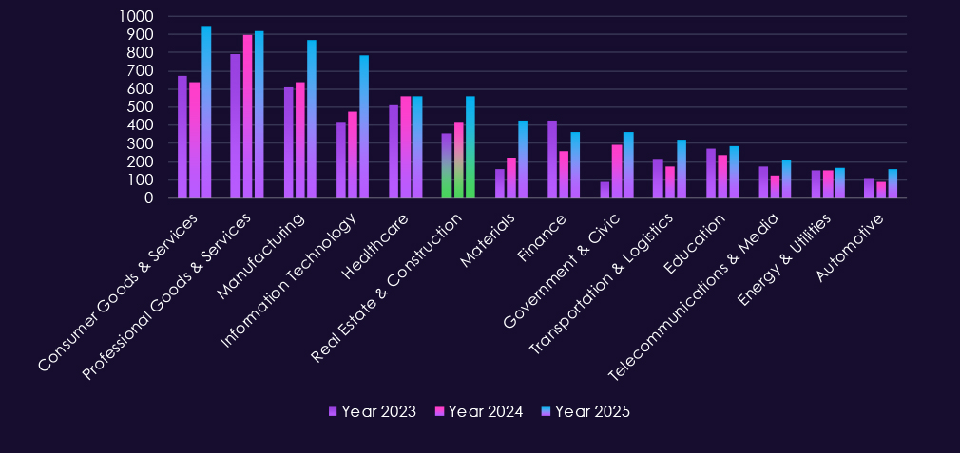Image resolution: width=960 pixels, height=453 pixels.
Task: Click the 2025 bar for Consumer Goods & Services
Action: pos(205,112)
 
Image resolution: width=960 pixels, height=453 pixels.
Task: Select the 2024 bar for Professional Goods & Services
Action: pos(247,116)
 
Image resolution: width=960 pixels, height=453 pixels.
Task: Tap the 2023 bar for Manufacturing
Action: pos(289,142)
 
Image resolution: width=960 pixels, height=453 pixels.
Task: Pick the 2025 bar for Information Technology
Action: pos(364,126)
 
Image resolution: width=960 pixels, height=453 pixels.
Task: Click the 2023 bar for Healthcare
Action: pos(394,152)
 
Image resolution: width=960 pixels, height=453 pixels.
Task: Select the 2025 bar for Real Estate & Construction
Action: pos(470,147)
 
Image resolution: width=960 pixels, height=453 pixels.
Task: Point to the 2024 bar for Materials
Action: pos(511,178)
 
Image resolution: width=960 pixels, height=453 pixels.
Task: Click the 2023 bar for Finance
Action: pos(552,160)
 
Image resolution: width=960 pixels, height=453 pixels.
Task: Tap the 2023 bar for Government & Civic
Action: pos(605,190)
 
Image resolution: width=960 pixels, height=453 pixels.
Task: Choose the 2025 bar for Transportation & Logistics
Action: pos(682,169)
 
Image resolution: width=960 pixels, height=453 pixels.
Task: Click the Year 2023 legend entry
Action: pos(373,411)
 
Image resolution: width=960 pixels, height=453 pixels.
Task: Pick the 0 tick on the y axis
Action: pos(148,198)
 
